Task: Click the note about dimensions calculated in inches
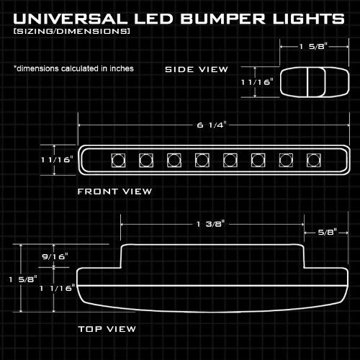(x=73, y=68)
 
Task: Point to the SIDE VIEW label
(x=197, y=69)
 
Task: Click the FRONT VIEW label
(x=114, y=191)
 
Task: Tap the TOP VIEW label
(x=107, y=329)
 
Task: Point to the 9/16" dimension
(x=55, y=256)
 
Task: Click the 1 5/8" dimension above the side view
(x=313, y=47)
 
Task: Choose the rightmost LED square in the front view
(x=312, y=159)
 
